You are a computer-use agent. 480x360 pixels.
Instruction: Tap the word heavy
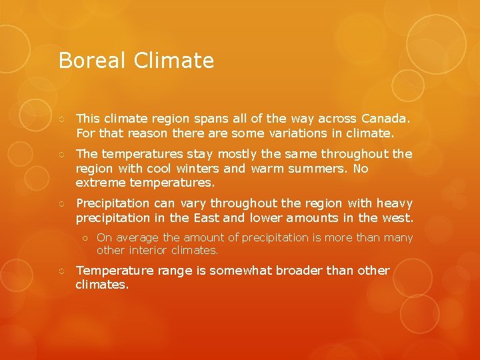(395, 203)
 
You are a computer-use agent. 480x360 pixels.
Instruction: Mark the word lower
(267, 218)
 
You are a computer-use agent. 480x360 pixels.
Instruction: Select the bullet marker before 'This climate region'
(61, 119)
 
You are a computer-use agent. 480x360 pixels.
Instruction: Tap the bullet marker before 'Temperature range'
(61, 271)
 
